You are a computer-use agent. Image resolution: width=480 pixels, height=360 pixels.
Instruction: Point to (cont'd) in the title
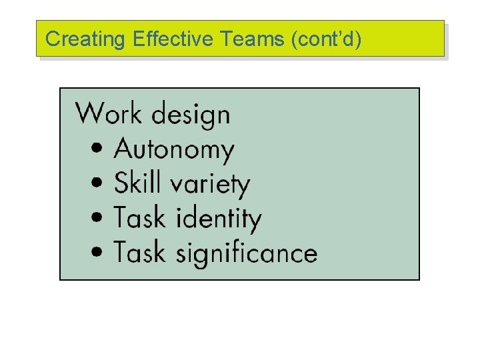click(327, 39)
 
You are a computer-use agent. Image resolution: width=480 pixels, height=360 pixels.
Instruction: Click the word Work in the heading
click(109, 114)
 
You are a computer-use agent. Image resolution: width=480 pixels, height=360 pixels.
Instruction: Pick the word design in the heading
click(190, 115)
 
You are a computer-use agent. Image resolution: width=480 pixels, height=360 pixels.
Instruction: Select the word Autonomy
click(175, 150)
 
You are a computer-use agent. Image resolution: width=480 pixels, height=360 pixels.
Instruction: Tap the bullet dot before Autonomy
click(98, 149)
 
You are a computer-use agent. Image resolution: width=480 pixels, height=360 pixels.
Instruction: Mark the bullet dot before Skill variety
click(98, 183)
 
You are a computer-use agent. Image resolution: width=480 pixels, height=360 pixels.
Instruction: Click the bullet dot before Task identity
click(98, 218)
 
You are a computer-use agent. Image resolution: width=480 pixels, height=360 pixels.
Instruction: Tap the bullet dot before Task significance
click(98, 253)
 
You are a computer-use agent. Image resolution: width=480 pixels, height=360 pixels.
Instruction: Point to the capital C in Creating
click(51, 39)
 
